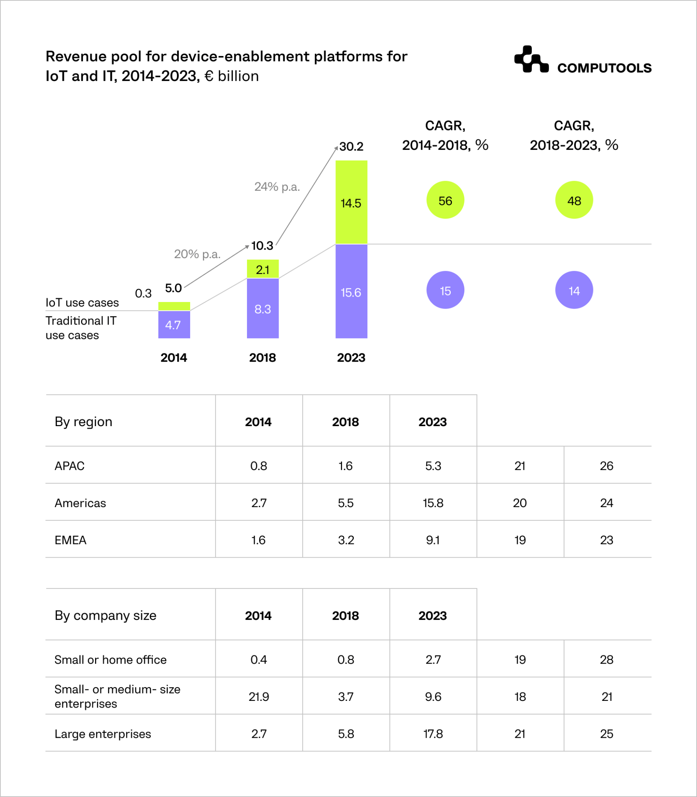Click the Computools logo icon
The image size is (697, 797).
click(x=531, y=60)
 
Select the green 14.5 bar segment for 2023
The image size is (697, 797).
click(x=351, y=202)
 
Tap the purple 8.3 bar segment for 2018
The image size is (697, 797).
click(x=263, y=309)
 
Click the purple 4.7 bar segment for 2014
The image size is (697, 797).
click(x=174, y=325)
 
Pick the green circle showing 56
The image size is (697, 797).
click(x=445, y=200)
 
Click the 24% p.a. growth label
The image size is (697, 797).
click(x=277, y=187)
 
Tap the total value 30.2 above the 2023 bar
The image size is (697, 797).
click(x=351, y=147)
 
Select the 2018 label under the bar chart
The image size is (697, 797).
click(x=262, y=357)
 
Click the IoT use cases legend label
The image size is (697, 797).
click(x=82, y=302)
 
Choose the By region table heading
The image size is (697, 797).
click(x=83, y=421)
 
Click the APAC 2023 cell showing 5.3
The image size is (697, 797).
click(x=433, y=465)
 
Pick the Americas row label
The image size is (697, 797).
click(x=80, y=503)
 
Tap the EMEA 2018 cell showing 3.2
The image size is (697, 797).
click(x=346, y=540)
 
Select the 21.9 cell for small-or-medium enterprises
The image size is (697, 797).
click(x=259, y=696)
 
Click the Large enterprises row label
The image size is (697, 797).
click(x=102, y=734)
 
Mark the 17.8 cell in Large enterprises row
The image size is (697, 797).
click(x=433, y=734)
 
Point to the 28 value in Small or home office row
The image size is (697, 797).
click(x=606, y=659)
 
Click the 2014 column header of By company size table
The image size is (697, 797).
click(x=258, y=615)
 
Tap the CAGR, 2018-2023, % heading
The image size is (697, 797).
click(x=573, y=135)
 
